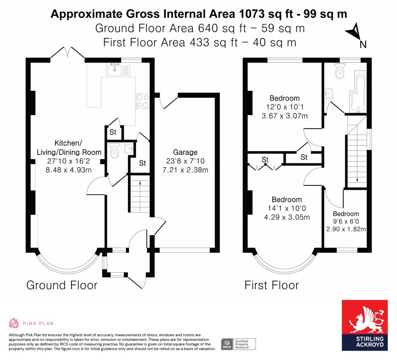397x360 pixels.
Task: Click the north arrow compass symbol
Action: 355,32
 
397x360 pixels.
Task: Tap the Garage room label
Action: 185,152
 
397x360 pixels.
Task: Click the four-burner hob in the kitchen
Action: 142,101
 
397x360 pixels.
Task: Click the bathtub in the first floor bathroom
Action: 358,92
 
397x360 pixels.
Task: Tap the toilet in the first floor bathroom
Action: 339,71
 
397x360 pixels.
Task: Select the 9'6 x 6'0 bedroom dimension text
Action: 346,222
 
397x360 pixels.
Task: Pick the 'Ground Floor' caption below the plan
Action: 62,285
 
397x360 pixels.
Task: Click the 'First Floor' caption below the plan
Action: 272,285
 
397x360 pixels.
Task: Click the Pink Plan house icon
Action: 14,323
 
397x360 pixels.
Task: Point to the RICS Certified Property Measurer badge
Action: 238,344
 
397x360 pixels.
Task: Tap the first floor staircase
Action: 357,152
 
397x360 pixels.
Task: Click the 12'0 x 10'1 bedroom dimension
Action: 285,107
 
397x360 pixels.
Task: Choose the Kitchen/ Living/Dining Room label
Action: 69,147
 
